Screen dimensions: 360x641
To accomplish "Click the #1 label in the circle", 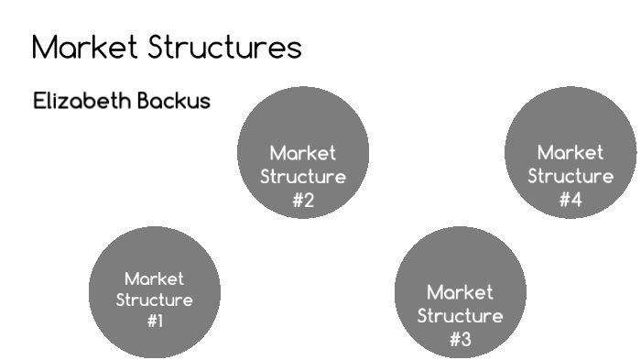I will click(155, 322).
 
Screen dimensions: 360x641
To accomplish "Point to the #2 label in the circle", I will click(303, 201).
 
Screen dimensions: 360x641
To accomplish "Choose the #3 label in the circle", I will click(460, 340).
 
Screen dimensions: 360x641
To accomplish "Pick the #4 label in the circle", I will click(570, 200).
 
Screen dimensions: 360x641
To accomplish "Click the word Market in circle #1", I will click(155, 278).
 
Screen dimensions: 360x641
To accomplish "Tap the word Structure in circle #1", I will click(155, 300).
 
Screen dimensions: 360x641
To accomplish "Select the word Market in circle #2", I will click(303, 153).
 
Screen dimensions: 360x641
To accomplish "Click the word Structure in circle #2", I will click(303, 177).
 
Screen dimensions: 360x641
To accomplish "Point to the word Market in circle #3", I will click(460, 293).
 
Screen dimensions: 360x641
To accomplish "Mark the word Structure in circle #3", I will click(460, 316).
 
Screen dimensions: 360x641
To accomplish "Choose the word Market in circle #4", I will click(570, 152).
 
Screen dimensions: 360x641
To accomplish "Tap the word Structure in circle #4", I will click(570, 176).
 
